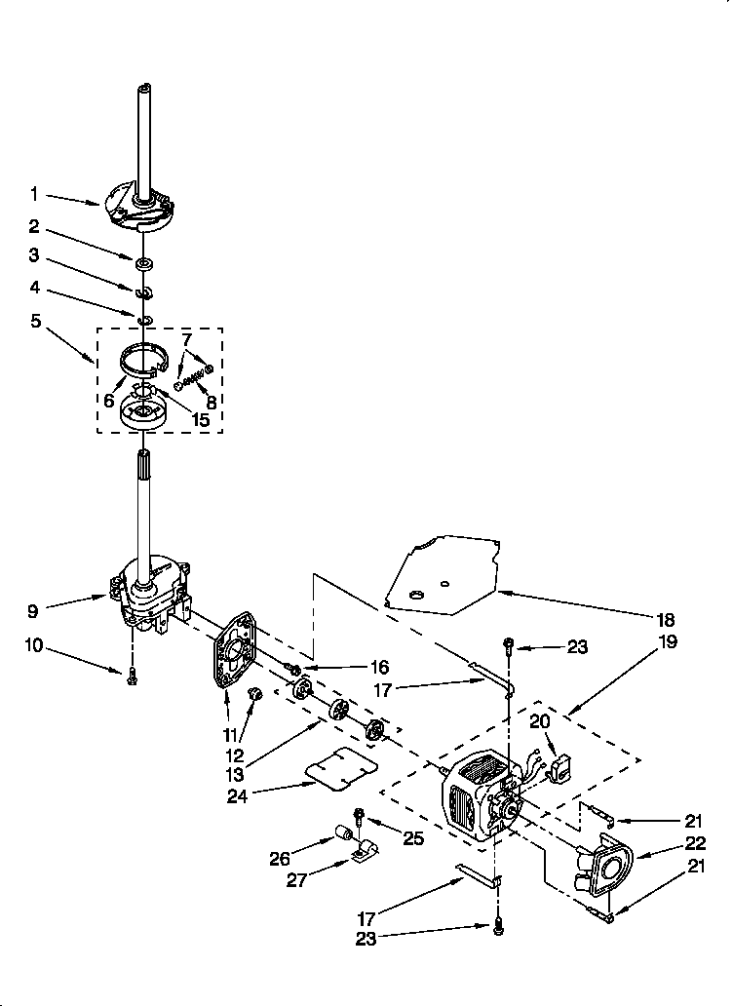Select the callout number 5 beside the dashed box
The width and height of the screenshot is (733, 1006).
[x=35, y=320]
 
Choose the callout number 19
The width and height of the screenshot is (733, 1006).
[x=668, y=642]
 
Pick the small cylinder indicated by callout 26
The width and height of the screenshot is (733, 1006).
[x=342, y=833]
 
